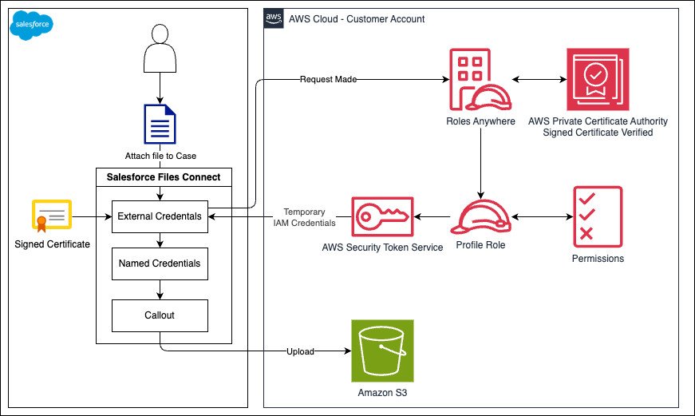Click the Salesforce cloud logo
[x=31, y=25]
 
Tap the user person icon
[x=160, y=49]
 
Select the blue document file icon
[x=160, y=125]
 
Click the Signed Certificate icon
[x=52, y=216]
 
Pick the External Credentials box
[x=160, y=216]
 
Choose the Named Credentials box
[x=160, y=263]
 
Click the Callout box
[x=160, y=315]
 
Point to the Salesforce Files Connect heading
[x=164, y=177]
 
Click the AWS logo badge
[x=274, y=18]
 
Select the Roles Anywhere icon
[x=480, y=79]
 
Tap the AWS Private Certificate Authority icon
[x=598, y=79]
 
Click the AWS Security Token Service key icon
[x=382, y=217]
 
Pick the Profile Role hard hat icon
[x=481, y=217]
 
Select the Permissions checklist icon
[x=598, y=217]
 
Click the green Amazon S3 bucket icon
[x=382, y=351]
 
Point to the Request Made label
[x=329, y=79]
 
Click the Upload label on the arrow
[x=300, y=351]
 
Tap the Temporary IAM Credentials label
[x=305, y=217]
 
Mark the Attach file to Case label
[x=160, y=156]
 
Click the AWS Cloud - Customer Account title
[x=357, y=19]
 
